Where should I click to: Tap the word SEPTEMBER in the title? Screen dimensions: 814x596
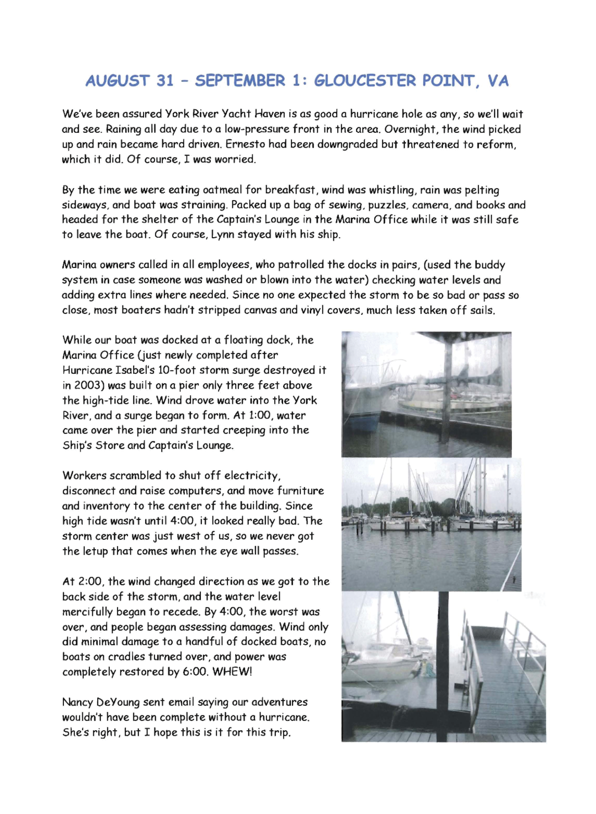(x=240, y=81)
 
